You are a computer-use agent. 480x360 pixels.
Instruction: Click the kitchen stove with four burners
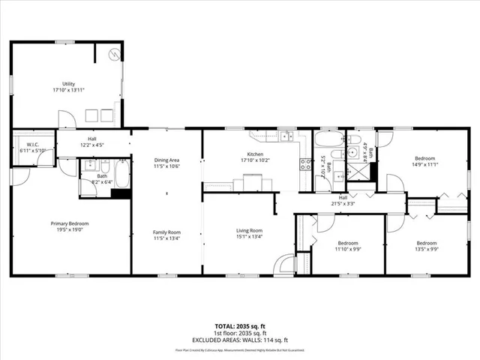(305, 164)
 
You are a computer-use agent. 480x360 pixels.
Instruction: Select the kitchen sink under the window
(285, 136)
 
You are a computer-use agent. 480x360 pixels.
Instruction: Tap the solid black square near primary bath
(118, 193)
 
